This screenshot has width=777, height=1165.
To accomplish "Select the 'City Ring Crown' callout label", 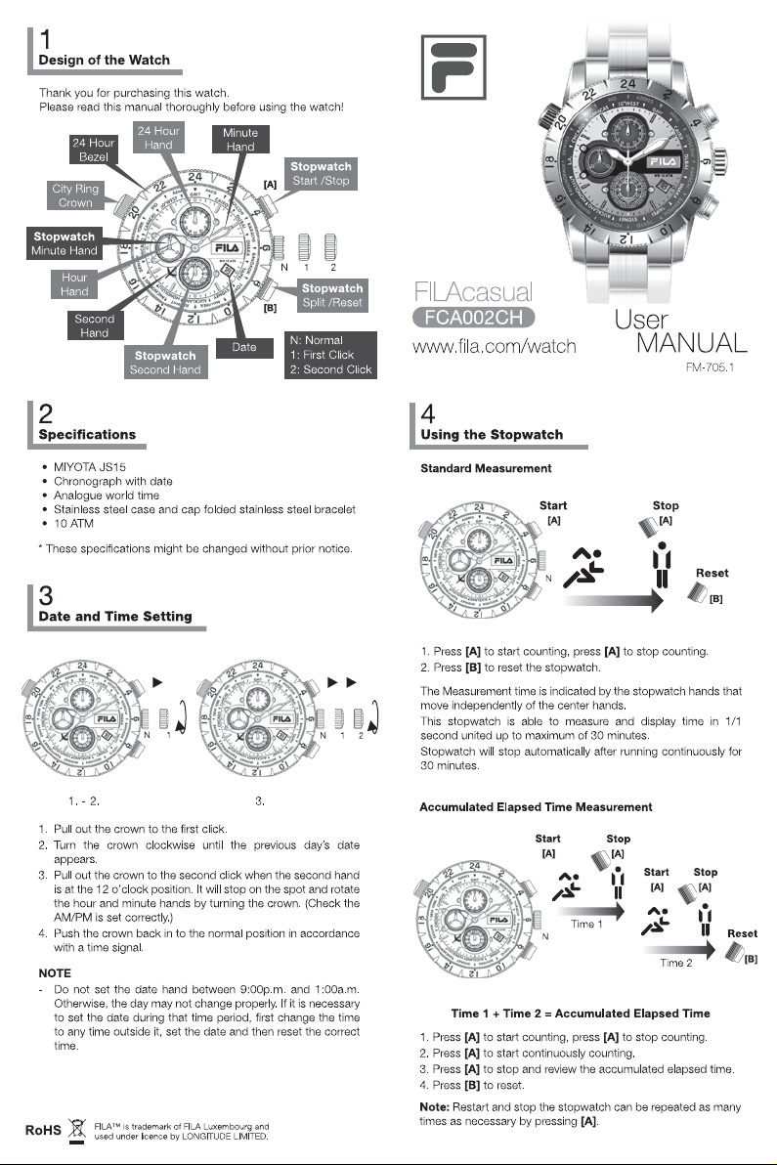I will pos(75,195).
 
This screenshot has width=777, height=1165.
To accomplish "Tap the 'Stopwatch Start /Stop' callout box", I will pos(321,174).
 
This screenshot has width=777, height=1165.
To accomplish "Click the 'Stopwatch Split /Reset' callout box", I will pos(331,295).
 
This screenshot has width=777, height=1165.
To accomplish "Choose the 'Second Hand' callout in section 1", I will pos(95,325).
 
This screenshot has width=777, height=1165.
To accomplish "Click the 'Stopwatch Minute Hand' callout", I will pos(65,244).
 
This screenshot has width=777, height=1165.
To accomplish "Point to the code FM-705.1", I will pos(717,370).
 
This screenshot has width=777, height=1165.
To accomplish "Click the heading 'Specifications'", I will pos(87,434).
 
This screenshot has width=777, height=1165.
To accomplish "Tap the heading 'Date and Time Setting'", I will pos(114,617).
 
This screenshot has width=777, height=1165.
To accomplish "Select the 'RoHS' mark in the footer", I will pos(43,1131).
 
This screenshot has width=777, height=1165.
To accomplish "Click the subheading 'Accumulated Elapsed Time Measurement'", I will pos(536,806).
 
